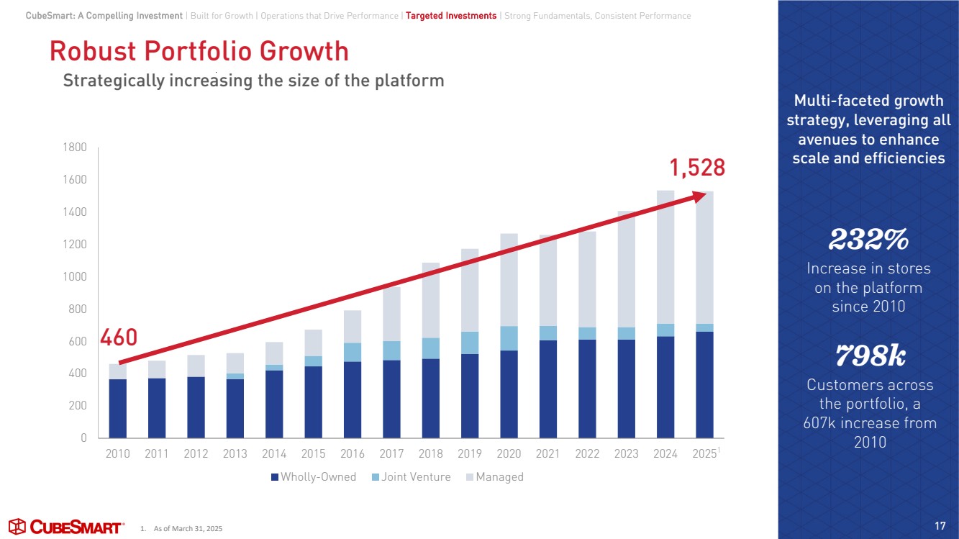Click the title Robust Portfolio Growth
pos(199,52)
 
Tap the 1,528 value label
pos(697,168)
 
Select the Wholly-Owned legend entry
pos(314,477)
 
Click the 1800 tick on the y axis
pos(74,148)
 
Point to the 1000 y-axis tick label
pos(74,277)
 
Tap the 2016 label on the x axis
pos(353,454)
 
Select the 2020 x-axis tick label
pos(509,454)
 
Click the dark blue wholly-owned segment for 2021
pos(548,389)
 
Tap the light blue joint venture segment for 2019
pos(470,343)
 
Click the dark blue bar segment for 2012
pos(196,407)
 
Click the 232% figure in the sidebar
pos(868,240)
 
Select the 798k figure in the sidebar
pos(868,355)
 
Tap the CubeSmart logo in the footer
pos(65,527)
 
